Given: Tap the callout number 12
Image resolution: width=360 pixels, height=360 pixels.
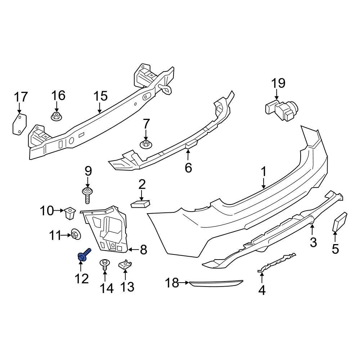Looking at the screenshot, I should [82, 278].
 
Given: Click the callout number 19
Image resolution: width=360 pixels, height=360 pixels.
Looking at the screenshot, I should [278, 84].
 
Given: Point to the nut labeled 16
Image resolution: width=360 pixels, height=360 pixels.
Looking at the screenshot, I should [56, 116].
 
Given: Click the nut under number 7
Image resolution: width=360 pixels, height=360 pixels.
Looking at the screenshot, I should [145, 144].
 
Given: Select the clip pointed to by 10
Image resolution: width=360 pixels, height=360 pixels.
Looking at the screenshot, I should [69, 213].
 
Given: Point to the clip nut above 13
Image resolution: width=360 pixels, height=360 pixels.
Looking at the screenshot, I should [125, 266].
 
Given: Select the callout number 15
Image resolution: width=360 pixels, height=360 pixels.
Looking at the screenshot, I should [100, 96].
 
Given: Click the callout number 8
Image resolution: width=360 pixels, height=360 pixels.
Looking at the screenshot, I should [143, 249].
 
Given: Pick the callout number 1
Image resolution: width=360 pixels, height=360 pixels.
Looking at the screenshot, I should [264, 172].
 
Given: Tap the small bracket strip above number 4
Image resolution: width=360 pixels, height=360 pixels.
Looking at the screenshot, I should [277, 263].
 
